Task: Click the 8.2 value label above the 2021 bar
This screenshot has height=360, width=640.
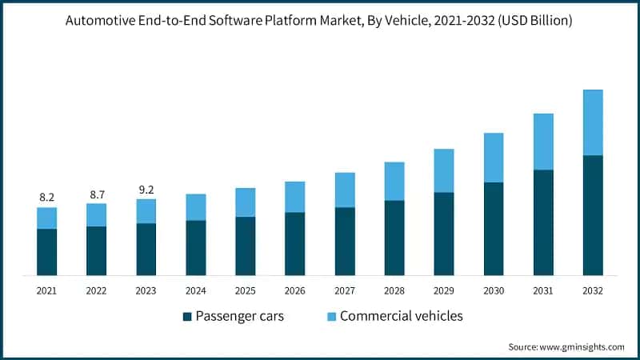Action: tap(46, 197)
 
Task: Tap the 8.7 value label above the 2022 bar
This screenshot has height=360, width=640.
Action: tap(96, 194)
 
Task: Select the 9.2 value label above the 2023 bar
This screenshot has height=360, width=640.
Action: tap(146, 190)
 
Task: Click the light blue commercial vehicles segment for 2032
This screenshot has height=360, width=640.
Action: tap(593, 122)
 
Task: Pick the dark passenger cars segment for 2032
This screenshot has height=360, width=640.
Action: tap(593, 215)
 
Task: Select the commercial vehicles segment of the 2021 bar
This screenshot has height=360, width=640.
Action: tap(46, 218)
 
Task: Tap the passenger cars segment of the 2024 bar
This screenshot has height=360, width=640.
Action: tap(196, 248)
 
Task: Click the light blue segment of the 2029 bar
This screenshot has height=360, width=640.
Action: tap(444, 170)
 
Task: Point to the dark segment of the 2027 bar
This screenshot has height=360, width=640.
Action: tap(345, 242)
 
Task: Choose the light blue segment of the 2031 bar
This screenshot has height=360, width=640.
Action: tap(543, 142)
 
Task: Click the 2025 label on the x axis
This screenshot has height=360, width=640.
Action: tap(246, 290)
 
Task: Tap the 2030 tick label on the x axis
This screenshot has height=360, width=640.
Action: tap(494, 290)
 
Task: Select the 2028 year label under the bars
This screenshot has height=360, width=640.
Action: tap(394, 290)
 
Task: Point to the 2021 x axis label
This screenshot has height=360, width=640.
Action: tap(46, 290)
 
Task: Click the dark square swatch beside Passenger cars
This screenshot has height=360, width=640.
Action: tap(187, 317)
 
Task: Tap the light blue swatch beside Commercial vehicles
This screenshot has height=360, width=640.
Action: tap(330, 317)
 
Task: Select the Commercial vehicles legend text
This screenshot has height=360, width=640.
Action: tap(402, 316)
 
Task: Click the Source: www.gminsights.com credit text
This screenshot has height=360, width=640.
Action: tap(566, 346)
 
